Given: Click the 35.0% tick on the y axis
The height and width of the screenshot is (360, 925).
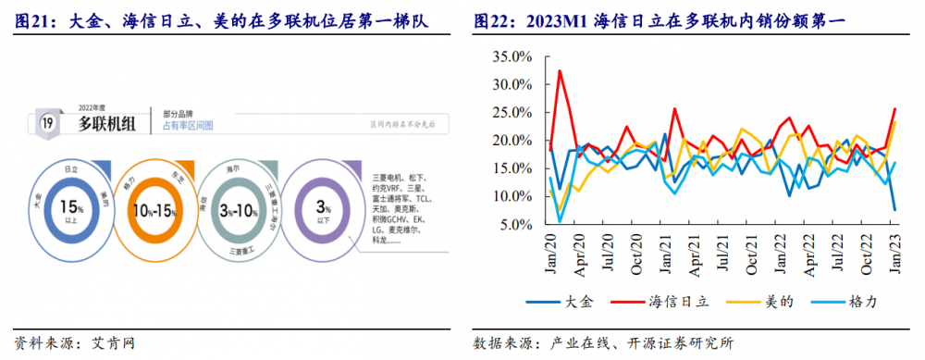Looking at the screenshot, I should click(511, 56).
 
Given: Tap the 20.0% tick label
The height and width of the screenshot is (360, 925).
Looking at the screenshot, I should click(511, 141).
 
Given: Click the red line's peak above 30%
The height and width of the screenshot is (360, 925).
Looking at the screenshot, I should click(560, 70).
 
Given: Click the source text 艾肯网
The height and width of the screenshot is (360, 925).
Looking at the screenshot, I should click(115, 343).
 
